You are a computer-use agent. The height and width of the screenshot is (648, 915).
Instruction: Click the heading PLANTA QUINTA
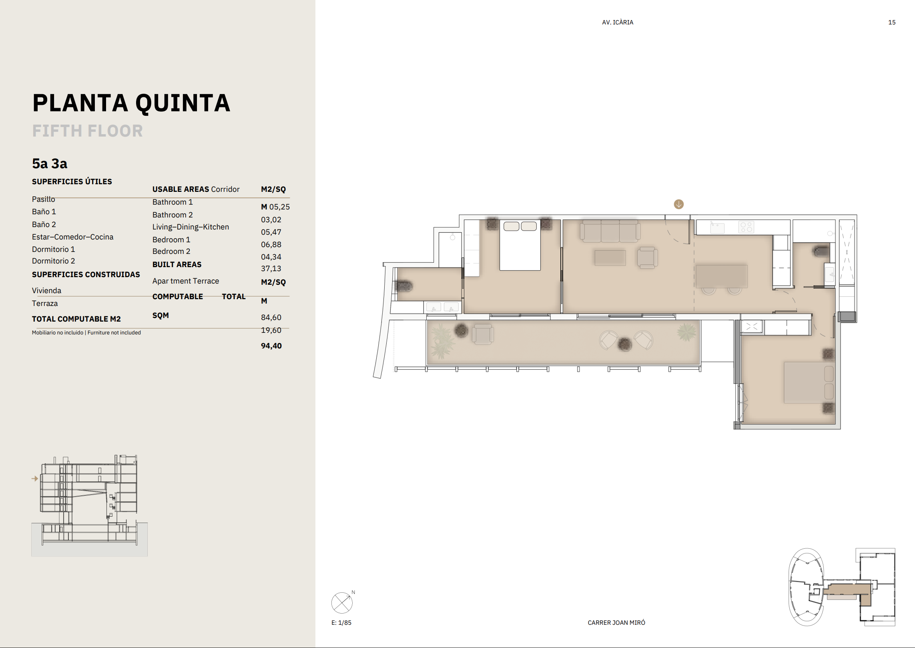pos(131,103)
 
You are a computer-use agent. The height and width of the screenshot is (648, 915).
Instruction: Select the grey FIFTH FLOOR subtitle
pos(87,131)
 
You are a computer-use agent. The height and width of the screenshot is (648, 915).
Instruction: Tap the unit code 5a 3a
pos(50,163)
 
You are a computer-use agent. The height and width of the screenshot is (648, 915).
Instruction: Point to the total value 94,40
pos(271,346)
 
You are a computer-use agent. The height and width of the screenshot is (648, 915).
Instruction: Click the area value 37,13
pos(271,269)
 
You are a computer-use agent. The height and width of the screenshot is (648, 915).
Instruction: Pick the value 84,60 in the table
pos(271,317)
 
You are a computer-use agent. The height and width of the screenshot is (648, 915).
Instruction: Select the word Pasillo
pos(44,199)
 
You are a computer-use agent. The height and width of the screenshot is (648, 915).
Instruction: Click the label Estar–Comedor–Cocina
pos(72,237)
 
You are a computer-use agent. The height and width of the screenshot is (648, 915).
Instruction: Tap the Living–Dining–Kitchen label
pos(191,227)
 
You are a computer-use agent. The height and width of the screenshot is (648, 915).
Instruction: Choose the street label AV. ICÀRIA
pos(618,22)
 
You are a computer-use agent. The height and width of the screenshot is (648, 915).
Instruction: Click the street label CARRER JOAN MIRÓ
pos(616,622)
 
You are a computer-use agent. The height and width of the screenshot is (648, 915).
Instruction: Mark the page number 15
pos(892,22)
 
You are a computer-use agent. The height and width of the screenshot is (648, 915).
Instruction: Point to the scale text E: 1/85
pos(341,623)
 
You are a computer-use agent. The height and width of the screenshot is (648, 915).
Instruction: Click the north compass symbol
pos(342,603)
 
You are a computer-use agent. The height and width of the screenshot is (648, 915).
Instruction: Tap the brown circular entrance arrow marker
pos(679,204)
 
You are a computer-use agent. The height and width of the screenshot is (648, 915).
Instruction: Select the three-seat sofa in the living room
pos(610,231)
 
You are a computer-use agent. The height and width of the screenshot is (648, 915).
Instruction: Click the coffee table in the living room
pos(610,258)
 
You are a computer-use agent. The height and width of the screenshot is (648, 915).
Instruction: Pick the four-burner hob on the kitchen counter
pos(746,227)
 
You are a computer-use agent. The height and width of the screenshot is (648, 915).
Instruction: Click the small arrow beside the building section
pos(35,478)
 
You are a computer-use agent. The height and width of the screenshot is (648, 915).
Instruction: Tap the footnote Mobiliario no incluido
pos(58,332)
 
